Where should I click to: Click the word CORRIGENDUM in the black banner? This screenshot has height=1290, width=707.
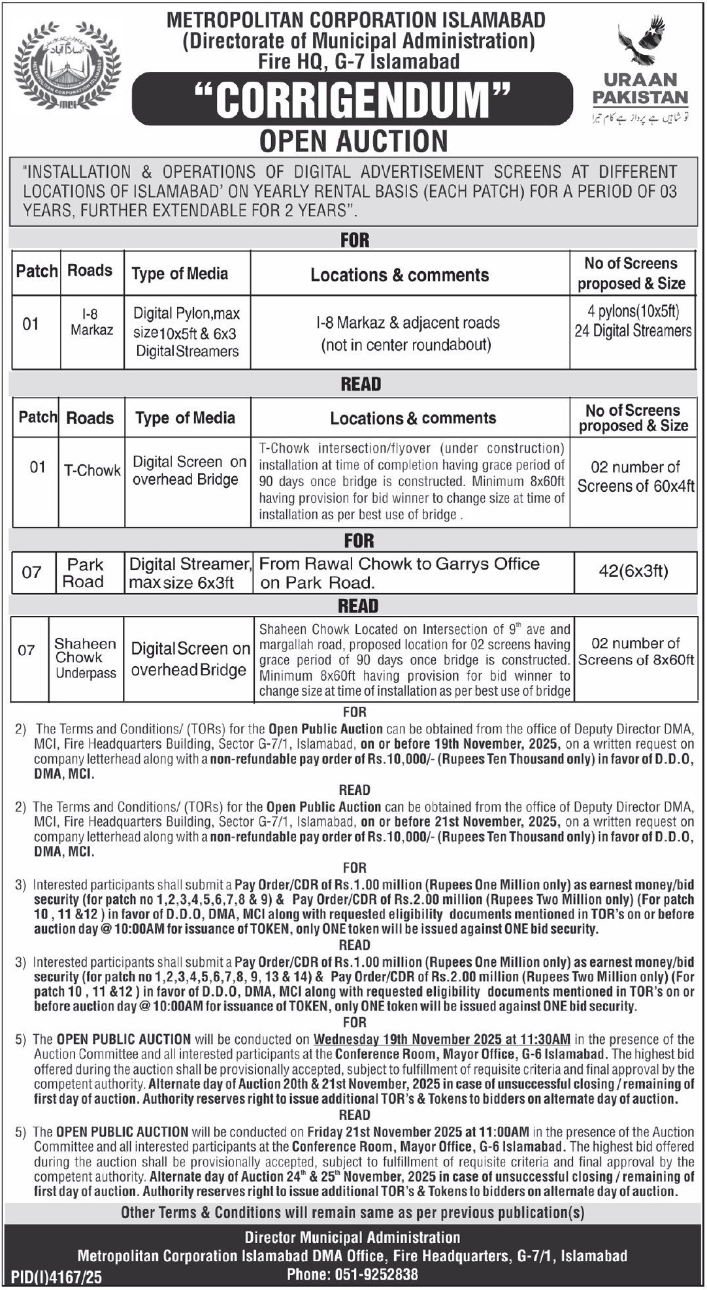point(354,100)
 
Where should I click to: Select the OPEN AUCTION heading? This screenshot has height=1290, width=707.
point(354,141)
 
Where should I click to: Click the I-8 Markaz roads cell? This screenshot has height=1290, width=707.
point(92,323)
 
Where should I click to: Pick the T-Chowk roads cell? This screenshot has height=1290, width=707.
point(92,470)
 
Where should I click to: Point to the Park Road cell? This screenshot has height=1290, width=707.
point(84,573)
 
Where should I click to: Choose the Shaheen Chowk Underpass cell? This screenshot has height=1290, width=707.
point(85,658)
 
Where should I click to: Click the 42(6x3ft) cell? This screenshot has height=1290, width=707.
point(633,572)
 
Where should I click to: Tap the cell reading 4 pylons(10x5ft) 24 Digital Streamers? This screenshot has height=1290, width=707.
point(633,321)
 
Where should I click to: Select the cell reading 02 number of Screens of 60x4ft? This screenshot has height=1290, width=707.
point(635,477)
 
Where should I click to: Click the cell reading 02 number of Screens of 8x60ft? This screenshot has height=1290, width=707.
point(635,652)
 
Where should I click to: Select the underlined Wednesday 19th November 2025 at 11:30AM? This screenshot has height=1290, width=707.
point(442,1039)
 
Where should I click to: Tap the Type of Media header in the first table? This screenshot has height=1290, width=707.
point(180,274)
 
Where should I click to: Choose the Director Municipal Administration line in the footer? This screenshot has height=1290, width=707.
point(353,1238)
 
